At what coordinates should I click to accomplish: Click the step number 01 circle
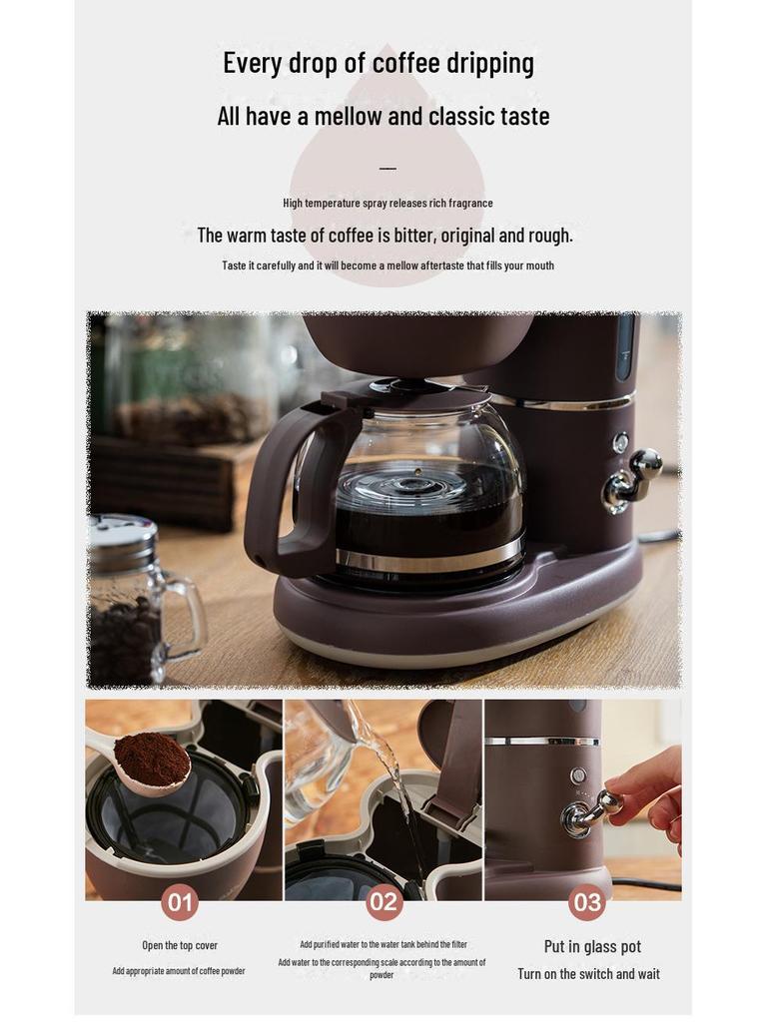click(x=180, y=903)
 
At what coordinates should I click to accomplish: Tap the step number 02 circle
click(x=383, y=903)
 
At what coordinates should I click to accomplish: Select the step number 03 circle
click(x=587, y=903)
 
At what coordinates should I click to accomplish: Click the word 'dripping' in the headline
click(x=491, y=64)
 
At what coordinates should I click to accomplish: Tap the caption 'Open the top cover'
click(x=180, y=945)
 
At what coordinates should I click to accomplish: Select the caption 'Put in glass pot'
click(x=592, y=946)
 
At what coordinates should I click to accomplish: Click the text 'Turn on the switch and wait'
click(x=588, y=974)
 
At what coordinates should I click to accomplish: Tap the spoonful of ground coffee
click(x=152, y=759)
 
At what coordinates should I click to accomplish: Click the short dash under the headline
click(x=387, y=168)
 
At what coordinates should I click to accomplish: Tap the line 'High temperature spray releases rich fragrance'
click(x=387, y=203)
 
